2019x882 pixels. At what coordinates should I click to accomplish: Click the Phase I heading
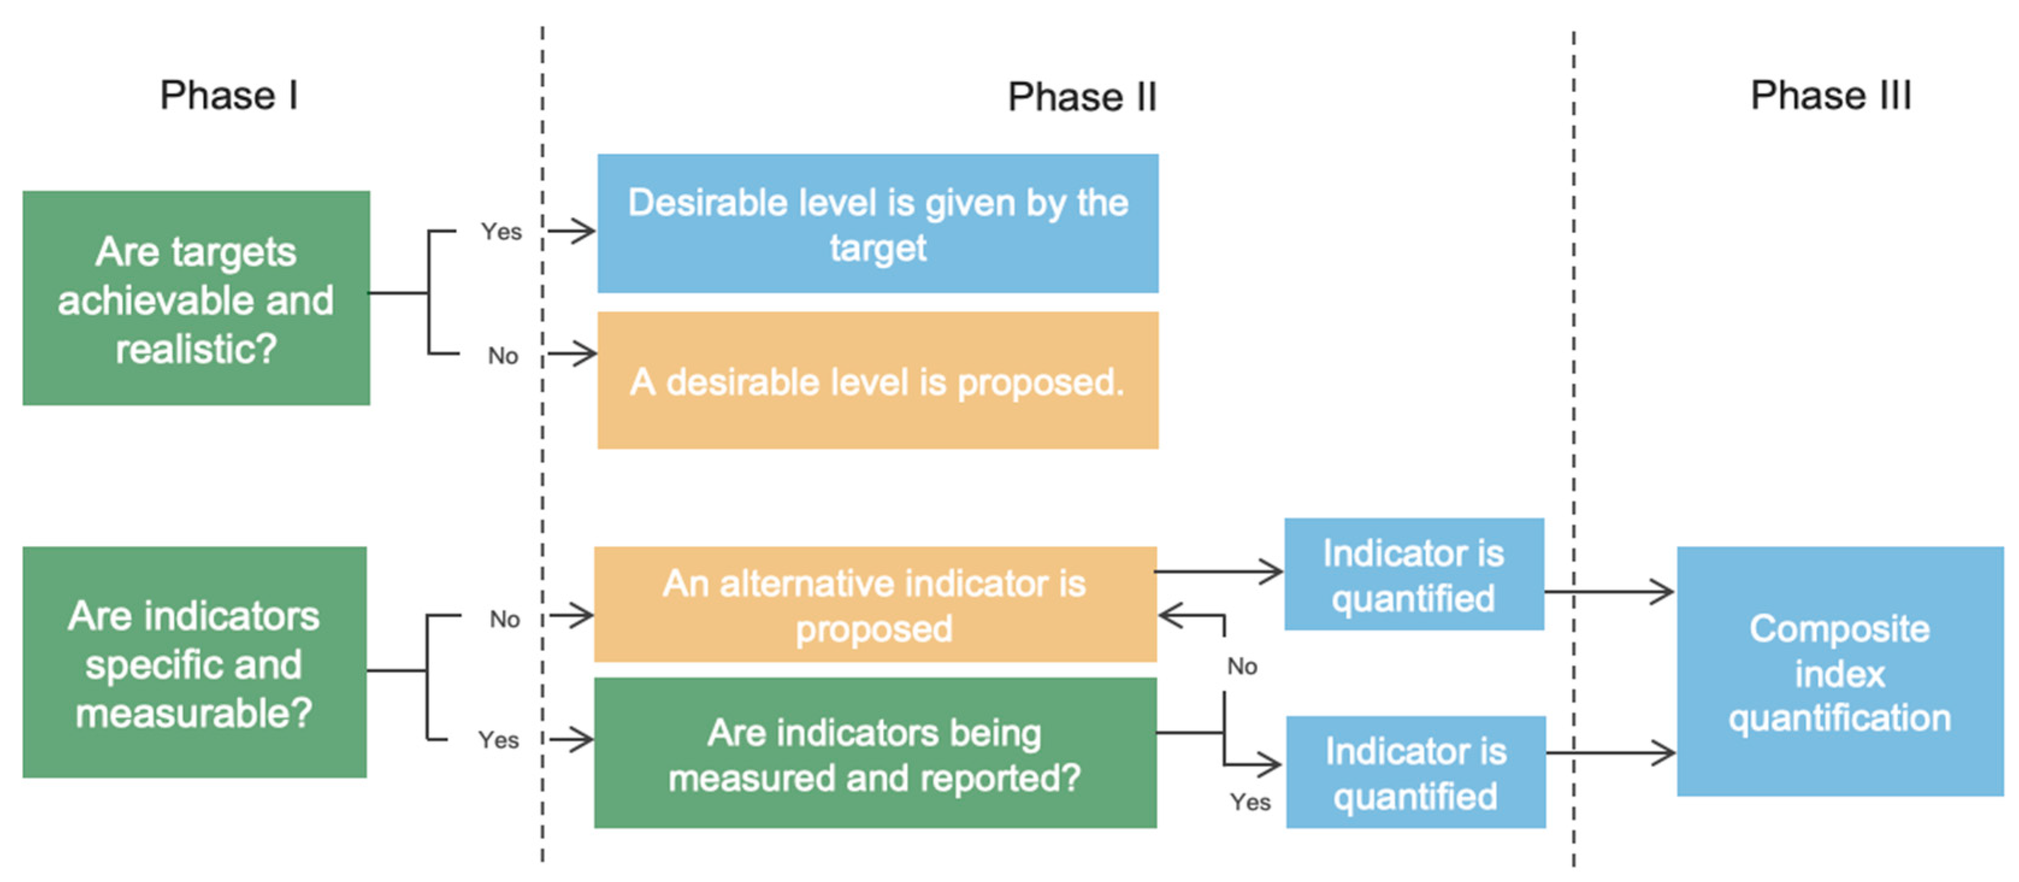228,96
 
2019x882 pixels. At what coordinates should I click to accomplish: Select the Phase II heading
1081,97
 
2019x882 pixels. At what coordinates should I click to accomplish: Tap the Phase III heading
1831,96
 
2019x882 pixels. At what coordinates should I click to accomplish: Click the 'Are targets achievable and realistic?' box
196,298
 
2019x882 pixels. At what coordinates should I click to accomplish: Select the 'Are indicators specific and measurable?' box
194,662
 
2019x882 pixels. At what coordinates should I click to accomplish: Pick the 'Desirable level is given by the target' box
878,223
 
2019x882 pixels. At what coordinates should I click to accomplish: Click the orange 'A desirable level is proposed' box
878,381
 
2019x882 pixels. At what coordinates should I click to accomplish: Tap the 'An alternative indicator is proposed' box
874,604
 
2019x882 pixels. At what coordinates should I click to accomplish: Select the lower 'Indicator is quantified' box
1415,772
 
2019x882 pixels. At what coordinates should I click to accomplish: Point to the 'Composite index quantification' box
1840,672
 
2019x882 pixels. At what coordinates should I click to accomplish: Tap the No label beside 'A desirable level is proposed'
503,356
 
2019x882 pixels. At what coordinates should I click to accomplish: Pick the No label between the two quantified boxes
1242,666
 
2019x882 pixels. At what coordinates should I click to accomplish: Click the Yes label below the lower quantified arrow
1250,802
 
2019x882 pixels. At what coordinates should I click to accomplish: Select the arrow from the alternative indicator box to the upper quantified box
1219,571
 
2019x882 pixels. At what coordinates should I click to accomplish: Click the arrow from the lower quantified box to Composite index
1610,753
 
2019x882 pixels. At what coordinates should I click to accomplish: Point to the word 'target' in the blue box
878,249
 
